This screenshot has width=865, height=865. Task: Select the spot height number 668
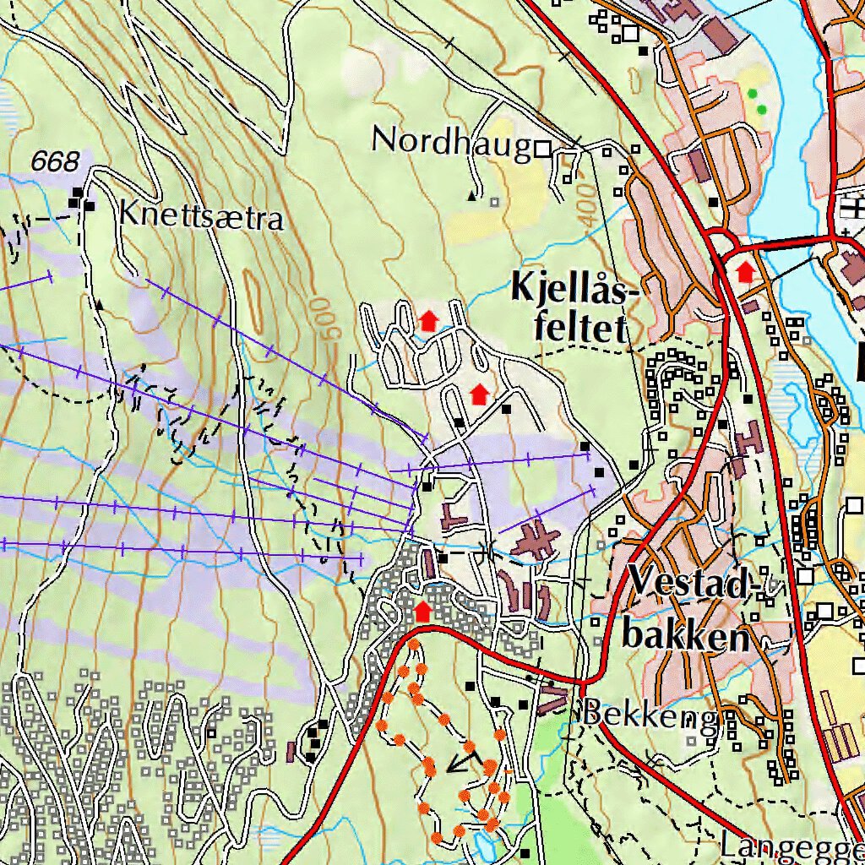click(x=56, y=160)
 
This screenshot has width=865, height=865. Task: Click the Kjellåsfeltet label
click(x=571, y=310)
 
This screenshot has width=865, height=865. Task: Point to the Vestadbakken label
click(x=688, y=609)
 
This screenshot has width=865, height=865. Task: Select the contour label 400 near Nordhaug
click(x=586, y=202)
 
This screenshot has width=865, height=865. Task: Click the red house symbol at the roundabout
click(x=744, y=272)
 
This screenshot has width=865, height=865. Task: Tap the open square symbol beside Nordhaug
click(x=542, y=150)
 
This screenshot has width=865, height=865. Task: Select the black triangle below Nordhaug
click(x=472, y=196)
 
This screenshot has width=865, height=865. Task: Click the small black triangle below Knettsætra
click(x=101, y=303)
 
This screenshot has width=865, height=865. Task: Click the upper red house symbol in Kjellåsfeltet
click(x=428, y=320)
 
